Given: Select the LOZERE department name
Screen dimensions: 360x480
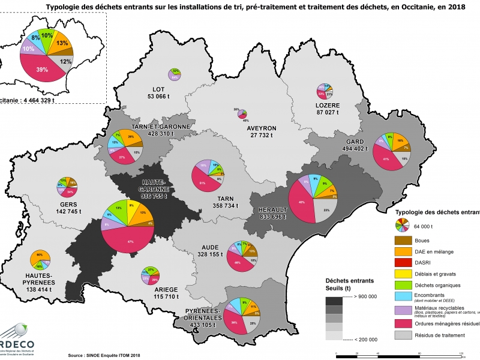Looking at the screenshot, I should coord(328,105).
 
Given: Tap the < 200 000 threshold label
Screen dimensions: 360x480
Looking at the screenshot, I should coord(365,339).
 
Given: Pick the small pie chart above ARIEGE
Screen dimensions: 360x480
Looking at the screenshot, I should coord(149,275).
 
